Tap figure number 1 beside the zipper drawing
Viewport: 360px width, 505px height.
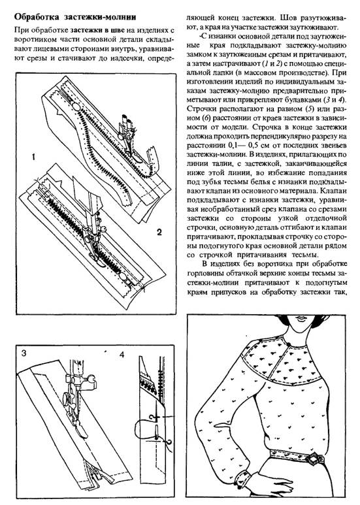(x=33, y=157)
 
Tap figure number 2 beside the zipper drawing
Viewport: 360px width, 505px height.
(x=159, y=232)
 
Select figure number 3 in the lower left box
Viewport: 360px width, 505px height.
(x=24, y=353)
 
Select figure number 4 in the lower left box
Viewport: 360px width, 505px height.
(x=122, y=355)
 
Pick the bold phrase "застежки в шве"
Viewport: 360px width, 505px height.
(x=97, y=31)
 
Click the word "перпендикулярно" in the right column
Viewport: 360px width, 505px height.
(x=292, y=136)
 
